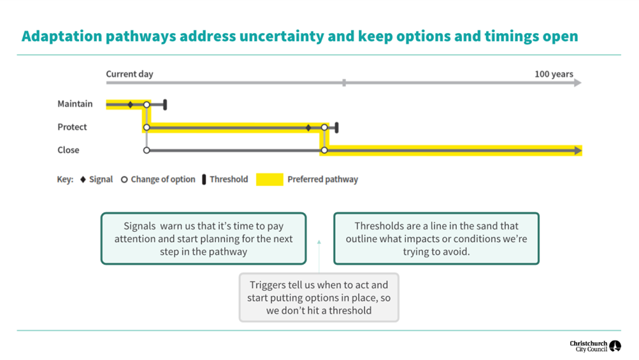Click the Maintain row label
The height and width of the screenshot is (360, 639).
[75, 104]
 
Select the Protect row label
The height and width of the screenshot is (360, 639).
[72, 127]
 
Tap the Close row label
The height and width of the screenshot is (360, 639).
[68, 150]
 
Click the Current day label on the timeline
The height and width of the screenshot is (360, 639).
[129, 74]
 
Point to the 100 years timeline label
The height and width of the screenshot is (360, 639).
[553, 74]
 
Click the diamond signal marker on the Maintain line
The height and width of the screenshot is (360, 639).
[130, 104]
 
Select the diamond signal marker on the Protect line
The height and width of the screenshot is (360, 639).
[309, 127]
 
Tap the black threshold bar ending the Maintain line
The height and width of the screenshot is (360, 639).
[165, 104]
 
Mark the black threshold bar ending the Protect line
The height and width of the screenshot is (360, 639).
[336, 127]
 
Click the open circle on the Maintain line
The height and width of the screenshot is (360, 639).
[147, 104]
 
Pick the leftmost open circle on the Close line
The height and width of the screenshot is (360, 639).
[147, 150]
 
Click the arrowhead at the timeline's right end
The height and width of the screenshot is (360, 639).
[577, 83]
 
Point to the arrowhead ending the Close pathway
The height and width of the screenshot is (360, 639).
[577, 150]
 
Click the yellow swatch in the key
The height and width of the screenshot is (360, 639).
[269, 180]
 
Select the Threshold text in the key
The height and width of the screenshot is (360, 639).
[229, 180]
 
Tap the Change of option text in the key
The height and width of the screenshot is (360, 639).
[162, 180]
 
